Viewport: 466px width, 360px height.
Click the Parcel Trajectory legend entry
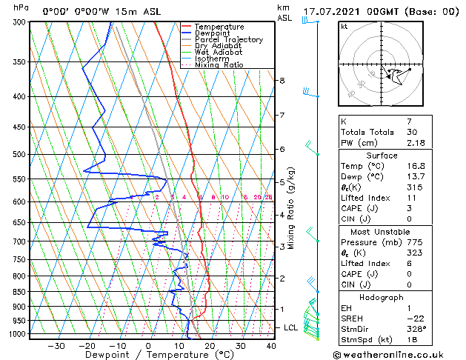tap(228, 40)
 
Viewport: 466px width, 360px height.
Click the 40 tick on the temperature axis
tap(270, 346)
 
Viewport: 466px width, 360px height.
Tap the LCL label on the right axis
tap(291, 327)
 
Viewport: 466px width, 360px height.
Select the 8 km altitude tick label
tap(282, 80)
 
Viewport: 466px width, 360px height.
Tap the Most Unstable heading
tap(382, 232)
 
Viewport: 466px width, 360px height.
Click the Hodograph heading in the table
tap(382, 297)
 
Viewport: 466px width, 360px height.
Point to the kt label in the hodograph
tap(344, 27)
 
